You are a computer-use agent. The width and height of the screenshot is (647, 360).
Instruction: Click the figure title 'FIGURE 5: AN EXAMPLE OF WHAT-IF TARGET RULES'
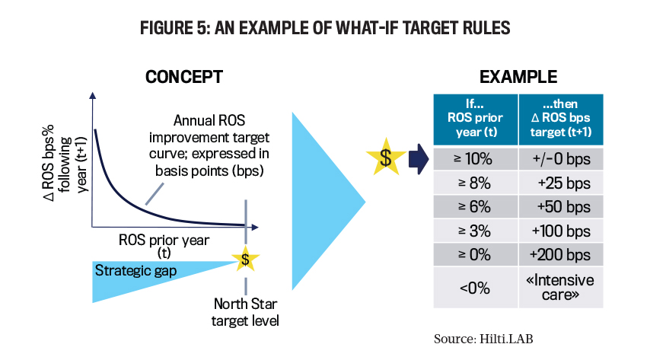pyautogui.click(x=325, y=27)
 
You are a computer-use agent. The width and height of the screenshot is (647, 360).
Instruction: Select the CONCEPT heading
pyautogui.click(x=184, y=77)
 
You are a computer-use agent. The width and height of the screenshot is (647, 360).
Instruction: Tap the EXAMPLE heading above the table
pyautogui.click(x=518, y=77)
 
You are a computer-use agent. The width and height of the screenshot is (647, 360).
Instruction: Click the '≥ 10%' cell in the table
pyautogui.click(x=475, y=159)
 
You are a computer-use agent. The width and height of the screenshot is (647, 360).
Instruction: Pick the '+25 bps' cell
pyautogui.click(x=561, y=183)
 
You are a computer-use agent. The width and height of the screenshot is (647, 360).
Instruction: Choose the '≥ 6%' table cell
pyautogui.click(x=475, y=206)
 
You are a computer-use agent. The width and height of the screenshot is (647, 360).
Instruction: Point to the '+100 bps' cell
pyautogui.click(x=561, y=231)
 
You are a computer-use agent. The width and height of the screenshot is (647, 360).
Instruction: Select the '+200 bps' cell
pyautogui.click(x=561, y=255)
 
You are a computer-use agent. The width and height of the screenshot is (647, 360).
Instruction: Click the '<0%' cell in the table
pyautogui.click(x=475, y=288)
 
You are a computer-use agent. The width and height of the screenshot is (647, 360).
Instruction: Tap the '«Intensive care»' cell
pyautogui.click(x=561, y=288)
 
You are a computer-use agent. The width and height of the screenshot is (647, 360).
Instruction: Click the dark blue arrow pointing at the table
pyautogui.click(x=419, y=159)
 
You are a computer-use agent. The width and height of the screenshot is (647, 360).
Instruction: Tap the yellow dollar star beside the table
pyautogui.click(x=386, y=158)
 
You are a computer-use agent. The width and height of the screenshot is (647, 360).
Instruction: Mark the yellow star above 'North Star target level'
pyautogui.click(x=246, y=259)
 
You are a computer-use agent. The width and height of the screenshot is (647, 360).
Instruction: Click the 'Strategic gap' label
pyautogui.click(x=135, y=270)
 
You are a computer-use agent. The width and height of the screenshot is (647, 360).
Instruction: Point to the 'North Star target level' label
pyautogui.click(x=245, y=312)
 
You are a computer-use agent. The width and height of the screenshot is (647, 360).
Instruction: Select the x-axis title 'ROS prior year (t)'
pyautogui.click(x=164, y=246)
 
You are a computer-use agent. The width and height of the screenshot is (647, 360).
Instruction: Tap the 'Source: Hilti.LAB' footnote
pyautogui.click(x=483, y=339)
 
